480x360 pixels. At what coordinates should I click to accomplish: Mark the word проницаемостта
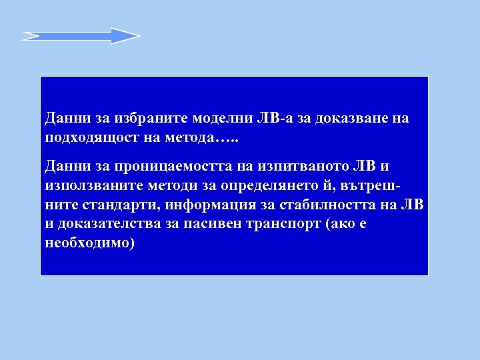tap(159, 165)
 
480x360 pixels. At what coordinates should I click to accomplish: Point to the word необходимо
tap(89, 242)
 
